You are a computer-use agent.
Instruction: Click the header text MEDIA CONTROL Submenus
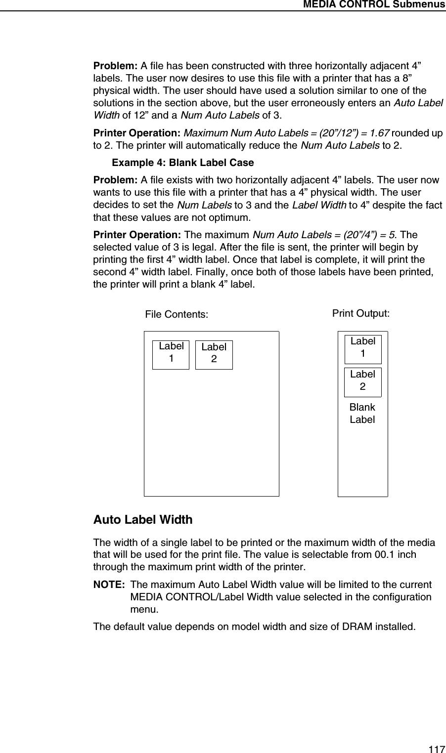[x=374, y=4]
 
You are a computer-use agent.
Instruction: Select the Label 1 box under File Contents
[x=171, y=354]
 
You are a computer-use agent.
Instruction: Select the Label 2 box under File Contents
[x=214, y=355]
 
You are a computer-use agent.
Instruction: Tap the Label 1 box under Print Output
[x=362, y=349]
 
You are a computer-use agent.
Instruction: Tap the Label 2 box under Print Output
[x=362, y=382]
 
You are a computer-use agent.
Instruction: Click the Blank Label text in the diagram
[x=362, y=414]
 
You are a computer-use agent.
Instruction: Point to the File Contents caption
[x=177, y=314]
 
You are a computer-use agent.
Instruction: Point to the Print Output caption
[x=360, y=313]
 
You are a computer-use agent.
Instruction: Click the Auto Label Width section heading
[x=143, y=520]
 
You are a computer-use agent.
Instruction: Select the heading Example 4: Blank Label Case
[x=183, y=163]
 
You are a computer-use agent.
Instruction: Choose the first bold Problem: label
[x=116, y=66]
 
